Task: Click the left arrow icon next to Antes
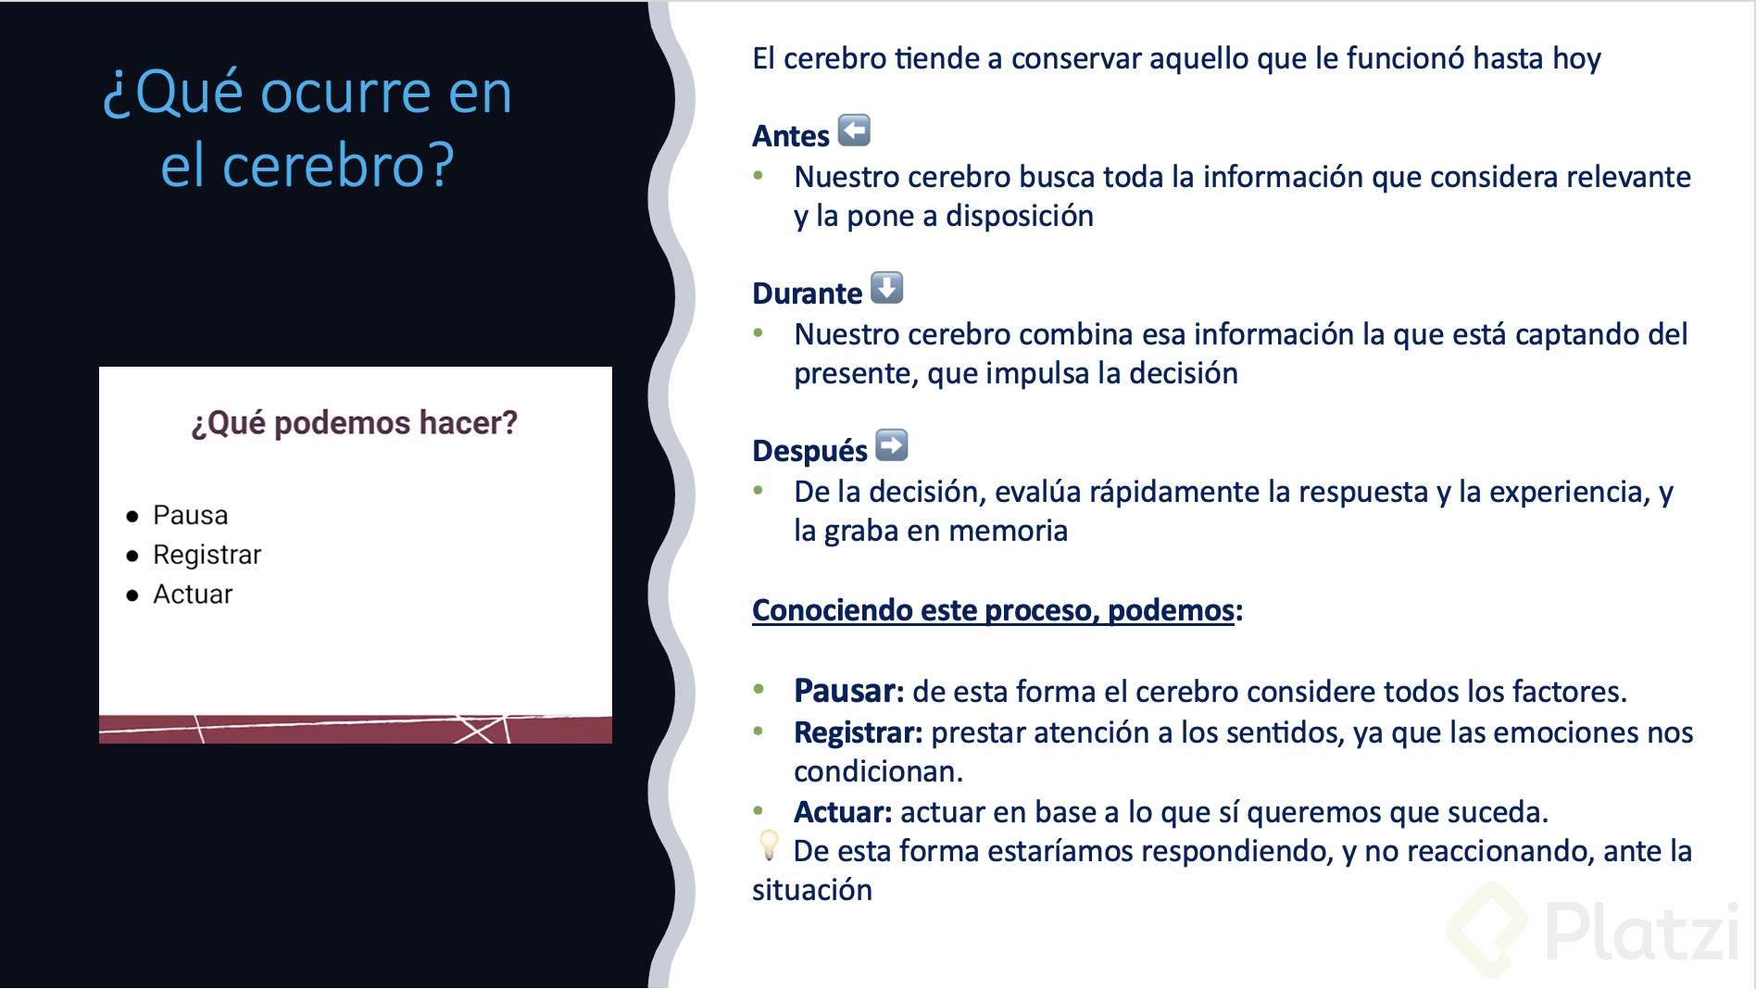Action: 854,131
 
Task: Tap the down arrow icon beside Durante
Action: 886,288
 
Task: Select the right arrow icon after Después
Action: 891,445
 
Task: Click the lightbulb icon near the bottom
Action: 769,845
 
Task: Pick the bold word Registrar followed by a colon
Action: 858,732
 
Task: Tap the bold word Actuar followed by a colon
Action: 842,812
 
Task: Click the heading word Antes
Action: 790,136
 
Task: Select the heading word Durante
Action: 807,294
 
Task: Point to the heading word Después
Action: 809,451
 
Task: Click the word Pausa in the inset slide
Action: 190,515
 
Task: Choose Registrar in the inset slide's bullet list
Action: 207,555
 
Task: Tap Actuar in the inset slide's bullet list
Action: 193,595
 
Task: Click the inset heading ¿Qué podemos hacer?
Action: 355,423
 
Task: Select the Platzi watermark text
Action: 1640,932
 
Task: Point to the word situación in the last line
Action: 811,890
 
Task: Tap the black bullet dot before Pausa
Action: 132,517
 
